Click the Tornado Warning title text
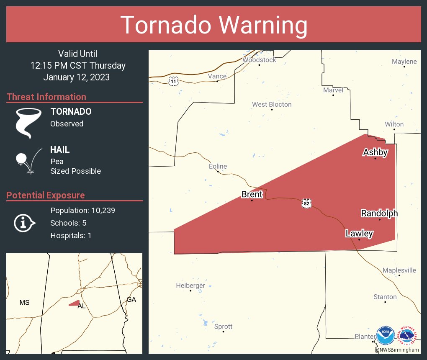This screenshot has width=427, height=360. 213,25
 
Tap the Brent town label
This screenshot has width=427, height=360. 252,194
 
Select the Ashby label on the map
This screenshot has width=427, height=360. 375,152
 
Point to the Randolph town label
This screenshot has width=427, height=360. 379,213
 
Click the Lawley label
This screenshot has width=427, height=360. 359,234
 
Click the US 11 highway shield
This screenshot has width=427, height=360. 173,81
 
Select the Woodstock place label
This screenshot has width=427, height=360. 260,60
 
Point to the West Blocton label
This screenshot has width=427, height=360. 272,104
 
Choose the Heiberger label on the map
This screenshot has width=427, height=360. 190,285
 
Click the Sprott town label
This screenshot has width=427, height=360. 223,327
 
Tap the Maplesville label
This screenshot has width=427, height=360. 399,270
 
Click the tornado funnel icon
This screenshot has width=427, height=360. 28,122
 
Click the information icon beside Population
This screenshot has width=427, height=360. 24,223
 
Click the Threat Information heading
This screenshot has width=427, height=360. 46,97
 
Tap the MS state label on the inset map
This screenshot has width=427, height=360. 24,302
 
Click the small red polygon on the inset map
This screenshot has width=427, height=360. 75,303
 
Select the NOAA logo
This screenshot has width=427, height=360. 385,336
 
